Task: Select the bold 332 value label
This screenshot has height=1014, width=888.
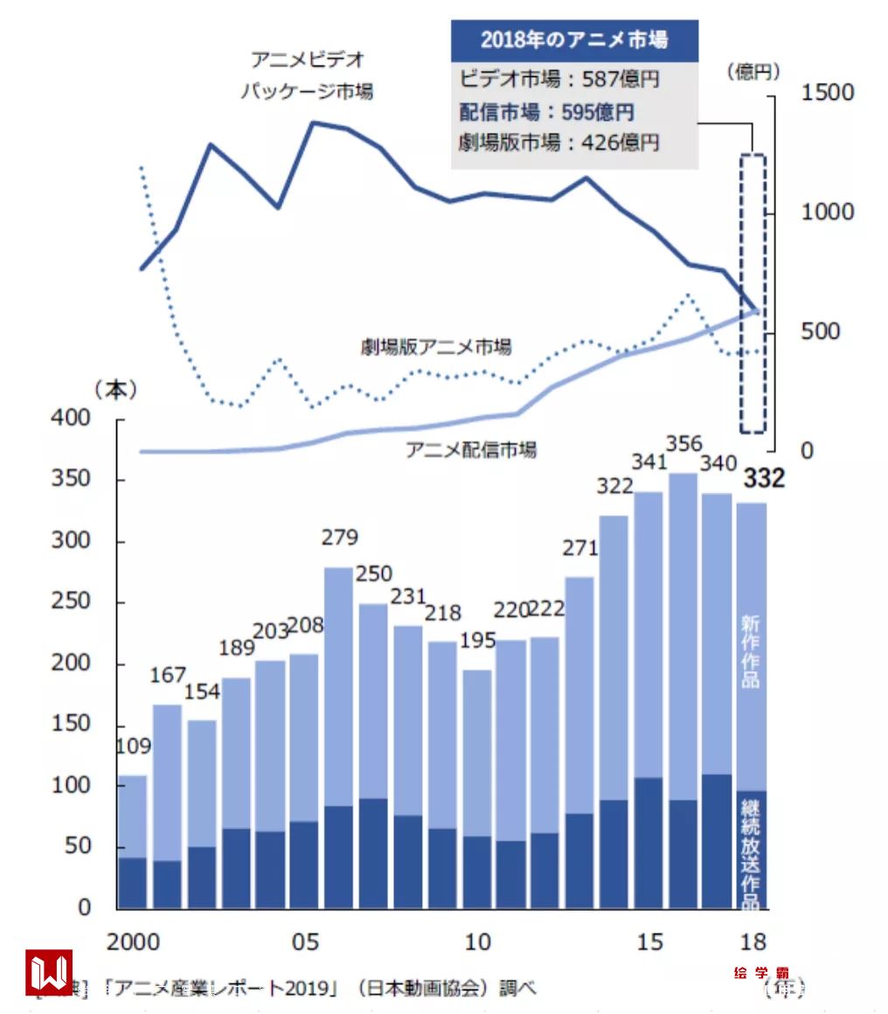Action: [763, 479]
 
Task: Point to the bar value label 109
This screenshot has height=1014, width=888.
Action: [133, 747]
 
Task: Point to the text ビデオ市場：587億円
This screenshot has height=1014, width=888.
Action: [559, 80]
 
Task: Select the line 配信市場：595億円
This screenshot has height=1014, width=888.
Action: [547, 112]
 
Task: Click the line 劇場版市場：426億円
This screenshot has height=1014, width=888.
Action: [559, 142]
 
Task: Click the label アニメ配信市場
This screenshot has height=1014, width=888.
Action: [471, 450]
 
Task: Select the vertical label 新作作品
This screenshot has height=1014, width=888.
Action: [750, 650]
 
